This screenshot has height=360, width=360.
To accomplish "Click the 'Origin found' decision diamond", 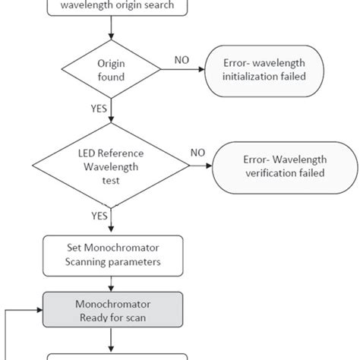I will [x=112, y=70].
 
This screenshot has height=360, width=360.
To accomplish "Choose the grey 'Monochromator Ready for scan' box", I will [x=112, y=310].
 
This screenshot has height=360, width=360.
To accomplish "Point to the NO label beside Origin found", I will [x=182, y=59].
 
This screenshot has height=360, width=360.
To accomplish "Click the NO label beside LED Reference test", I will [x=198, y=152].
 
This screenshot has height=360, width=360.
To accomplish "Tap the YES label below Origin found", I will [x=99, y=108].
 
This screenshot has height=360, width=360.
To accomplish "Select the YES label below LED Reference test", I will [x=99, y=216].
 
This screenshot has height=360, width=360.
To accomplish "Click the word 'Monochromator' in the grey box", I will [x=112, y=304].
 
